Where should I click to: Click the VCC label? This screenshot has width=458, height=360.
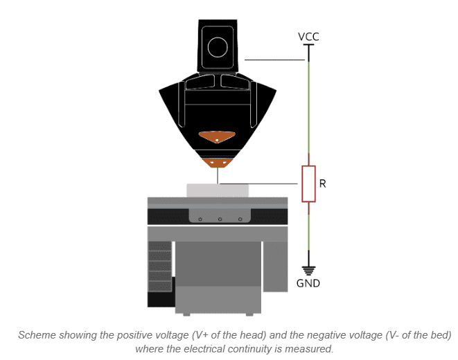[x=308, y=36]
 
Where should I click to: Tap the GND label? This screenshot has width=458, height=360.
[x=308, y=283]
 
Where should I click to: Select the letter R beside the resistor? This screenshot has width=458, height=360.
[x=322, y=184]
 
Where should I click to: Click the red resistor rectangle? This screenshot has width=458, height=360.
[x=308, y=183]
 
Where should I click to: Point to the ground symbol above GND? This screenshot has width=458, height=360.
[x=308, y=269]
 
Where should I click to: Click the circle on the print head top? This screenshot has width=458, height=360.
[x=218, y=47]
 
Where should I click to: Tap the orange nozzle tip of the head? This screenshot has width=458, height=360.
[x=218, y=161]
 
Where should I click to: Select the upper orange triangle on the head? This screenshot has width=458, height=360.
[x=217, y=137]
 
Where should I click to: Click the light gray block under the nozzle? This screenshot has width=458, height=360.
[x=217, y=190]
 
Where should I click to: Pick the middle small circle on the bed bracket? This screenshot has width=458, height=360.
[x=220, y=219]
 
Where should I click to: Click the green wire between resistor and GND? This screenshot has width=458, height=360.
[x=308, y=232]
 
